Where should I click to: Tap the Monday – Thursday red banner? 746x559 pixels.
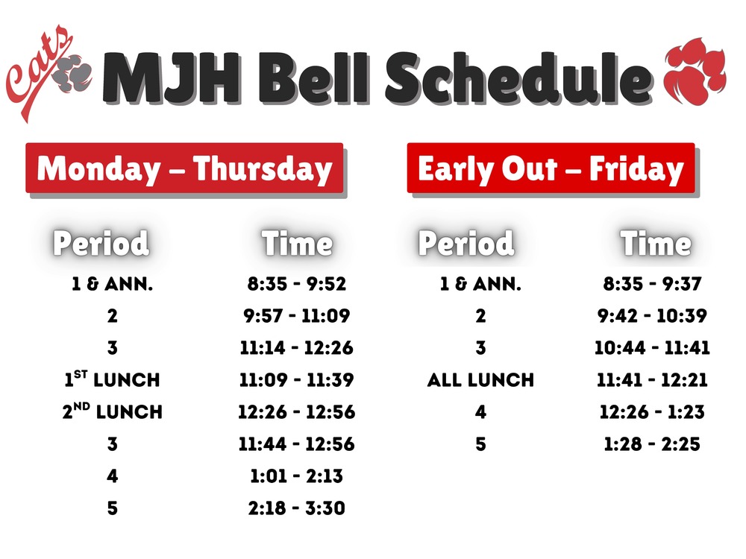point(184,168)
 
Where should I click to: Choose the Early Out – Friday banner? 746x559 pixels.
point(551,168)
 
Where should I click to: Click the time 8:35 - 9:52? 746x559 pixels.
point(297,284)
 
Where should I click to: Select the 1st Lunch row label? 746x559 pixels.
point(112,379)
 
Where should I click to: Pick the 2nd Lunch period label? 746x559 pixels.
point(112,411)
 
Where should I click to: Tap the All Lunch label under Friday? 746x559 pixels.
point(480,379)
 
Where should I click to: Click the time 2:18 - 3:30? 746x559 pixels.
point(297,508)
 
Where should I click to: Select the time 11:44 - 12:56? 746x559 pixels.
point(297,444)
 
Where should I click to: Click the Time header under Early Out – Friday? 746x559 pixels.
point(656,244)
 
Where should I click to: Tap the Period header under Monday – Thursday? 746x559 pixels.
point(101,244)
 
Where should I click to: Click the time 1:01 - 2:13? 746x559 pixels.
point(297,476)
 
